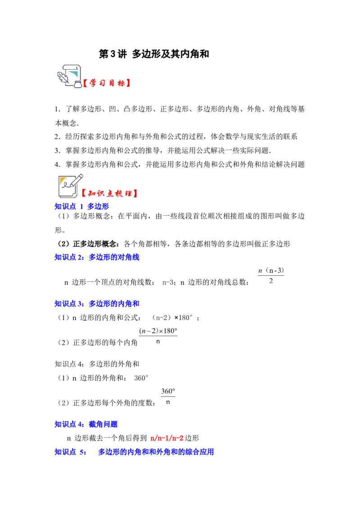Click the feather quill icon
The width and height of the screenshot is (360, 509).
62,77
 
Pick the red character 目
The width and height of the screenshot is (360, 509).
112,84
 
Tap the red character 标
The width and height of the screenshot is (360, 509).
121,84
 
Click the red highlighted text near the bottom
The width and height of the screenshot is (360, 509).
166,438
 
